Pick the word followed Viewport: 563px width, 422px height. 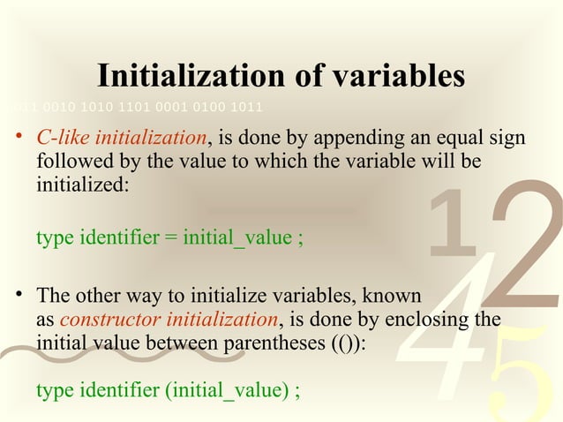(71, 163)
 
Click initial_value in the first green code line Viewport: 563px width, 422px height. (236, 237)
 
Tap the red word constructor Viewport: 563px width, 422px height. (101, 319)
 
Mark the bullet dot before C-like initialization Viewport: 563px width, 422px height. (18, 139)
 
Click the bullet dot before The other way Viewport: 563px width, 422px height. (18, 296)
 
